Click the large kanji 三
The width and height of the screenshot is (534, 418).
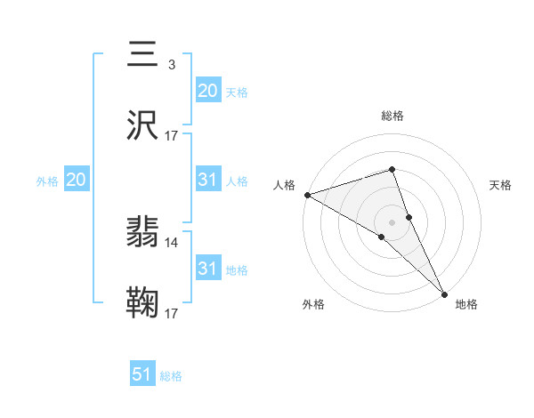(143, 54)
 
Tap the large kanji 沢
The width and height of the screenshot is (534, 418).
(143, 126)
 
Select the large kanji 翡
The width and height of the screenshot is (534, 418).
(143, 234)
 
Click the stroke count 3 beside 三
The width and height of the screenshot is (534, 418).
(171, 65)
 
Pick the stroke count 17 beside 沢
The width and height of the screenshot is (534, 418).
(172, 136)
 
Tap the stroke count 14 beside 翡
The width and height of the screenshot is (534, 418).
(172, 243)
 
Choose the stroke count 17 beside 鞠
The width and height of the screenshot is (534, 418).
(172, 314)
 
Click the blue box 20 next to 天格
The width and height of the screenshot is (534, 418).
(207, 91)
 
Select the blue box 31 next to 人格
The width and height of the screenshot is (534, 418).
(207, 180)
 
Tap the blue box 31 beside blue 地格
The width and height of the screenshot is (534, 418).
(207, 269)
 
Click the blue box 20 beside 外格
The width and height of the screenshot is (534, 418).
(76, 180)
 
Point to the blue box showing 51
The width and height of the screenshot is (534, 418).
(142, 374)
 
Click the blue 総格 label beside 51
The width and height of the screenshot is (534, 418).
(171, 376)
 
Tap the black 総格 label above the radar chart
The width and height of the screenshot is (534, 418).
(392, 116)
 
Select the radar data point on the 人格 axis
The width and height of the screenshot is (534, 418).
(307, 195)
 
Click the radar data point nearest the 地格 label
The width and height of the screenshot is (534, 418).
(444, 293)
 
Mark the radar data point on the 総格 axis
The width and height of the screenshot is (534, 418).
(392, 169)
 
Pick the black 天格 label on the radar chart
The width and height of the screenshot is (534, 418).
(501, 185)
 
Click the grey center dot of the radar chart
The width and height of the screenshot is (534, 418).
(392, 221)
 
